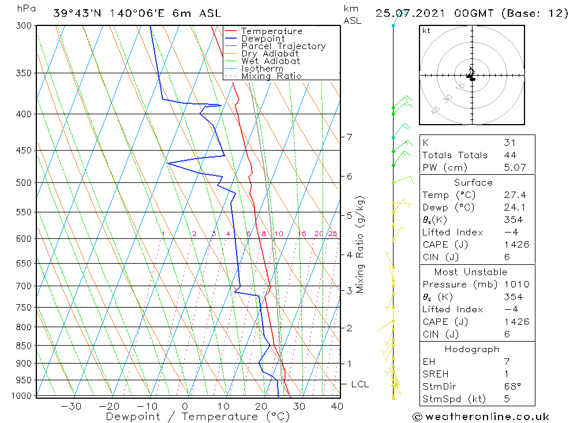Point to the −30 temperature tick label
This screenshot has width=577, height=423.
tap(71, 406)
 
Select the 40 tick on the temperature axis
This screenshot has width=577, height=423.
tap(336, 406)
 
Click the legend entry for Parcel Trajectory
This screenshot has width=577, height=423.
tap(283, 46)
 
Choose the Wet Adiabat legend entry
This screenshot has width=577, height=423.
tap(271, 61)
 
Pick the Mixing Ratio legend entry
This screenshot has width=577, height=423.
tap(271, 76)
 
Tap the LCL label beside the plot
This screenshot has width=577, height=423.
tap(359, 384)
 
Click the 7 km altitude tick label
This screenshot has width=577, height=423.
tap(349, 137)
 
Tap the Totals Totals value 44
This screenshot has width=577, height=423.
tap(509, 155)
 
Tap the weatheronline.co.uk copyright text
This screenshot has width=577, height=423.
tap(481, 417)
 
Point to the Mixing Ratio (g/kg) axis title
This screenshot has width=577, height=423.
tap(360, 244)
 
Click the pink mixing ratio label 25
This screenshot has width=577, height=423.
tap(332, 234)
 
